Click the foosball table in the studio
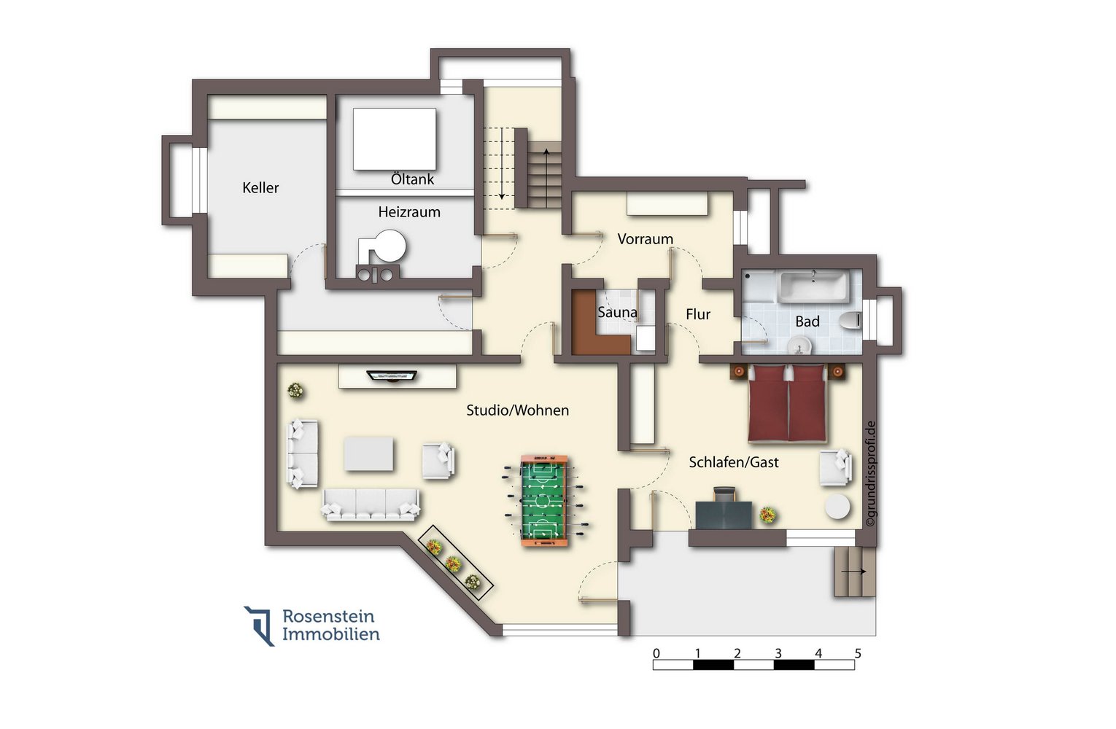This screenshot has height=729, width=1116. point(545,500)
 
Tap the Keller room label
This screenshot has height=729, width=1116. point(260,188)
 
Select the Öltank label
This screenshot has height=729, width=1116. point(412,179)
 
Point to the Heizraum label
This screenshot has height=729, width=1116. point(409,212)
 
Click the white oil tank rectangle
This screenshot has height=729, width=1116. point(395,139)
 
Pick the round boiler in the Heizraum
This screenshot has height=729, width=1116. point(390,246)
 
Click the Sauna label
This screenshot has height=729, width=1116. point(617,312)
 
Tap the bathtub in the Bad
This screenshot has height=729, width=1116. point(813,286)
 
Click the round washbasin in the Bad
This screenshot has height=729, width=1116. point(799,345)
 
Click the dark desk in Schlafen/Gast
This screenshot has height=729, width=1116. point(724,515)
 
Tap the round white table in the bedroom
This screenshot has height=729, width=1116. point(837,507)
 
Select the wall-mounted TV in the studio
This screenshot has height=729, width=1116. point(392,375)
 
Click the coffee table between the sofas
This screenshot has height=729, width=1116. point(368,453)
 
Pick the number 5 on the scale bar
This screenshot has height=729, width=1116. point(858,652)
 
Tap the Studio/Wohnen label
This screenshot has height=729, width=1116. point(517,410)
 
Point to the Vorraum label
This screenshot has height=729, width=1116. point(646,239)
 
